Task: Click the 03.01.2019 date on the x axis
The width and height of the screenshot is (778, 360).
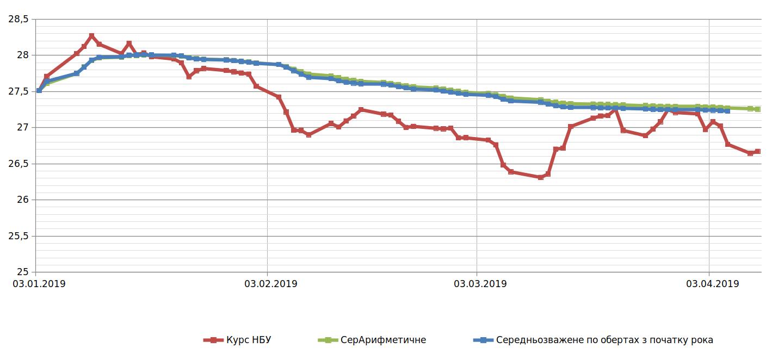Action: point(39,283)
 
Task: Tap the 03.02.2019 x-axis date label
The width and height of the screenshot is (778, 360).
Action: point(270,283)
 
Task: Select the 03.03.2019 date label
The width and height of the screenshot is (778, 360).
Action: point(480,283)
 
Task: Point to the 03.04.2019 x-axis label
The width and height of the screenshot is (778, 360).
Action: point(712,283)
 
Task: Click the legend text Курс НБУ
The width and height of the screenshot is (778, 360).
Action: point(248,340)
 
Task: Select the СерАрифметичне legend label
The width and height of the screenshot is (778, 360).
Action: point(383,340)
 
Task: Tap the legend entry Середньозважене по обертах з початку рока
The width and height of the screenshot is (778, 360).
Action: point(604,340)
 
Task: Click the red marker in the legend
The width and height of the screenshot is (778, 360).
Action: point(213,340)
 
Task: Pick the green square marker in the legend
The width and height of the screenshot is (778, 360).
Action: point(328,340)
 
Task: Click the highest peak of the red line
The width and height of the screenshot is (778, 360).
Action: point(91,36)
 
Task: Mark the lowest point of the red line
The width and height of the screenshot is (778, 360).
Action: point(540,177)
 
